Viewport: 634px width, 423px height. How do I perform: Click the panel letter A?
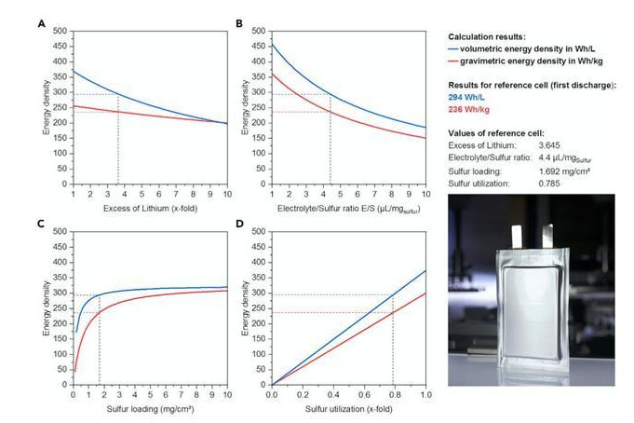pos(41,23)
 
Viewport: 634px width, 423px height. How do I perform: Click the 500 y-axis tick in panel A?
pos(61,33)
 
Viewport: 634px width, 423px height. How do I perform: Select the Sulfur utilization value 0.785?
pos(549,185)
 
